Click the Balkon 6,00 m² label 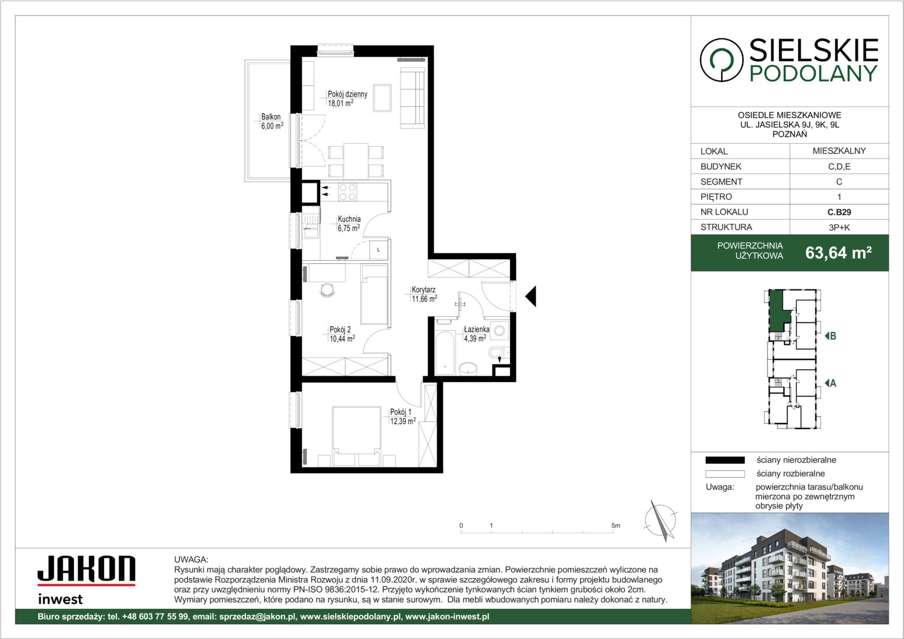272,121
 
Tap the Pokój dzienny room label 347,98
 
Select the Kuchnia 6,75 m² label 348,224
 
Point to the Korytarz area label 424,294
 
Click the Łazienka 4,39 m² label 476,334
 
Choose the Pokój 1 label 403,417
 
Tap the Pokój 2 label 342,334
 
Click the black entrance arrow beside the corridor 531,296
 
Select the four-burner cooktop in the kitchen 347,192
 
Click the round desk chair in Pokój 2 327,290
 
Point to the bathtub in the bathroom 445,353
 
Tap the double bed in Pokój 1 356,436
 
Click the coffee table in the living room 382,97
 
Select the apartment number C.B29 839,212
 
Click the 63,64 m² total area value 838,253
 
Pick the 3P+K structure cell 839,227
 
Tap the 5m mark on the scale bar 615,525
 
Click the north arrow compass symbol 660,520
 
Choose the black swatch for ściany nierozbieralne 725,460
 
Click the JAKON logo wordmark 86,569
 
